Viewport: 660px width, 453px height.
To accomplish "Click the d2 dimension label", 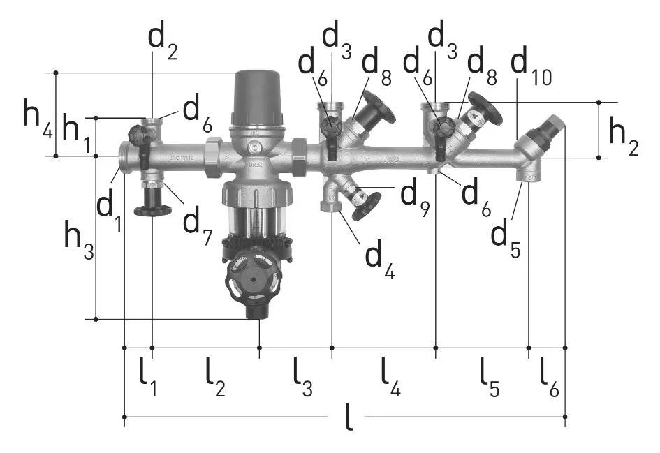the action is [x=163, y=43].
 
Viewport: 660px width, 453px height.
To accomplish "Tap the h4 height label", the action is [x=38, y=119].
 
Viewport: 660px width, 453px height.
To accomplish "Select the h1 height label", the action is [x=76, y=133].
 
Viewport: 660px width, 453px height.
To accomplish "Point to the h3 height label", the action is [x=79, y=240].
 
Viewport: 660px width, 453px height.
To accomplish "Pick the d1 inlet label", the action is [x=110, y=210].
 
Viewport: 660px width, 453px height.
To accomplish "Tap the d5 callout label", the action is [x=506, y=239].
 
